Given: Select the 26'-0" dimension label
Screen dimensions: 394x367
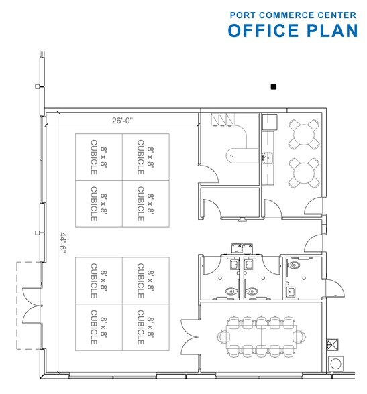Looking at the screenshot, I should pos(123,121).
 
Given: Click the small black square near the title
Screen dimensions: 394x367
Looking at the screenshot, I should pos(273,86).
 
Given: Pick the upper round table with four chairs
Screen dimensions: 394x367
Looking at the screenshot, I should pos(301,136).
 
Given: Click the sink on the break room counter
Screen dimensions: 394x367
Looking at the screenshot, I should pos(268,157).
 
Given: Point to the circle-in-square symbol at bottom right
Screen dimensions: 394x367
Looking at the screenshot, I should pos(335,365).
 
